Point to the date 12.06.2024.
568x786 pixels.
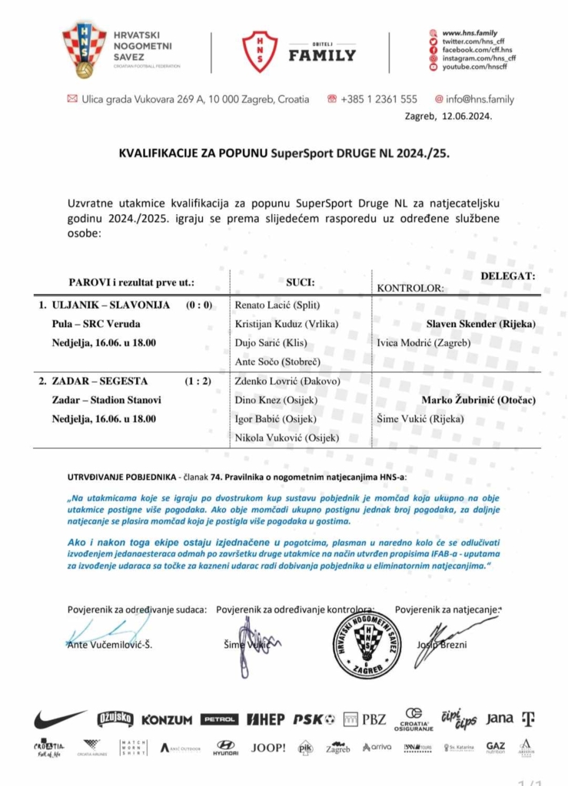(x=466, y=117)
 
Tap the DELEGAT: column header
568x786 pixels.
(x=508, y=275)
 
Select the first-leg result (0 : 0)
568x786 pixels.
(x=199, y=305)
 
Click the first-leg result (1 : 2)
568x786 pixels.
(x=199, y=381)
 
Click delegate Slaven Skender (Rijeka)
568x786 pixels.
(x=480, y=324)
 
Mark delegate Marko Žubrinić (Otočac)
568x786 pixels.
(x=478, y=400)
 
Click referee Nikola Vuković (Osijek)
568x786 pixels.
(x=287, y=438)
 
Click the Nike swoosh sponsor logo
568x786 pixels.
(x=59, y=719)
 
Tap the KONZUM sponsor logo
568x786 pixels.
(x=167, y=720)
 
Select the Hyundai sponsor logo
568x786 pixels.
(x=225, y=748)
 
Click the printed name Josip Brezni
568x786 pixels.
(x=441, y=645)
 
